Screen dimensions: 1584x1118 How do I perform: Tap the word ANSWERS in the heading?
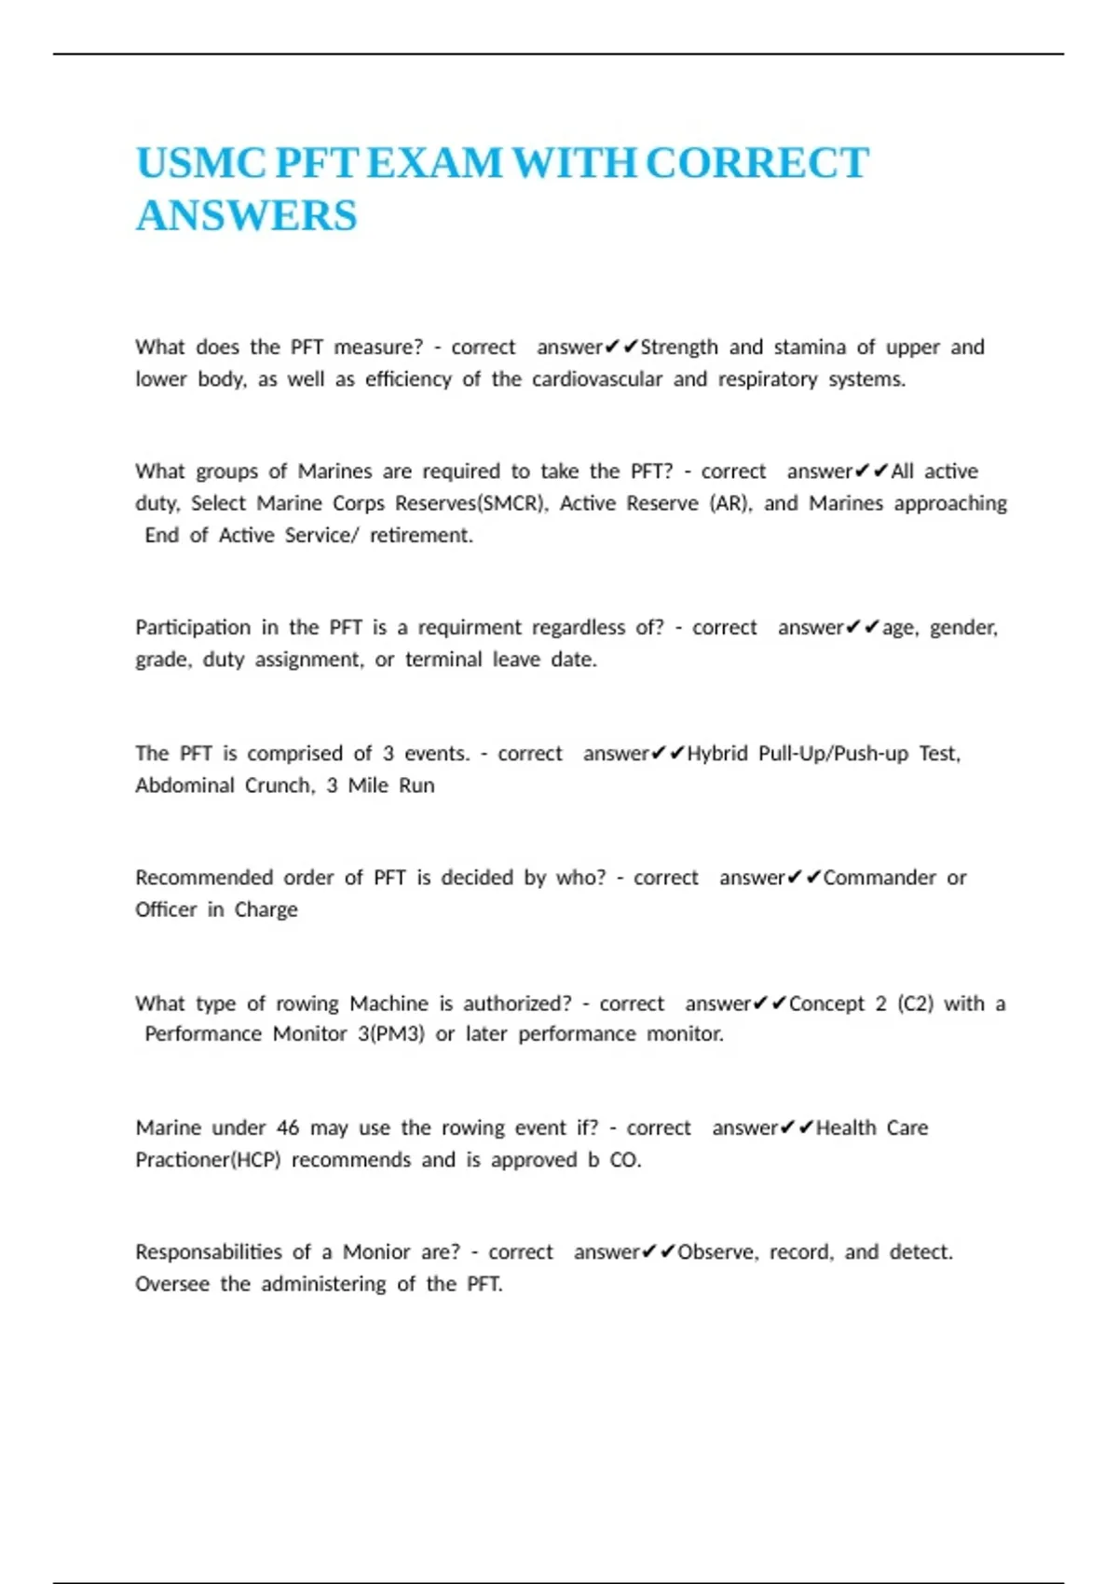[x=247, y=216]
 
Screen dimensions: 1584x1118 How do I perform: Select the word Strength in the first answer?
[x=679, y=348]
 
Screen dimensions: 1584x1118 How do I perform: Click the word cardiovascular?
[x=597, y=379]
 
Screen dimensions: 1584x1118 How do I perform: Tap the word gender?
[x=963, y=628]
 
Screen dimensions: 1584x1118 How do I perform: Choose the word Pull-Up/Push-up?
[x=833, y=753]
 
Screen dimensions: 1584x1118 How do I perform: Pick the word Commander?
[x=879, y=878]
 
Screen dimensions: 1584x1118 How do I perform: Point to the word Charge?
[x=266, y=909]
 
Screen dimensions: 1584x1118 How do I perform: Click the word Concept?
[x=826, y=1004]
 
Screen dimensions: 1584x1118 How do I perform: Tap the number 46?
[x=288, y=1127]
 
